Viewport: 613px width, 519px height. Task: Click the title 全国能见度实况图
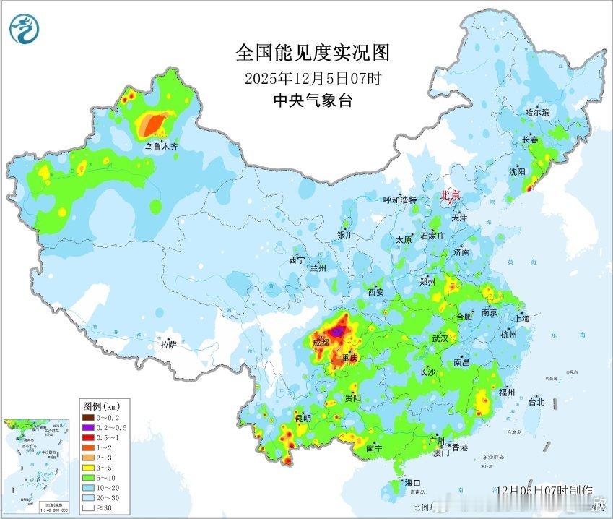tap(313, 53)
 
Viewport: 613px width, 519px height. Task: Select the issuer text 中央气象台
tap(313, 100)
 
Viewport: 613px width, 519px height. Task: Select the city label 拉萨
tap(168, 346)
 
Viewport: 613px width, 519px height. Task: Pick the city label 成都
tap(321, 343)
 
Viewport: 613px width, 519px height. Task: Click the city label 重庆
tap(349, 359)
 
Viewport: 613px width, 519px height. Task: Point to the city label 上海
tap(521, 318)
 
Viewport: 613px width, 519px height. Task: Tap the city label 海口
tap(412, 483)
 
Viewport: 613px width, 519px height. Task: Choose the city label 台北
tap(535, 402)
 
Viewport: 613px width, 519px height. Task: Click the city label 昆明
tap(303, 419)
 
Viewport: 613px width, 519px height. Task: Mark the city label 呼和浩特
tap(399, 200)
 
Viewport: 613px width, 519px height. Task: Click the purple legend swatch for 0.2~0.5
tap(87, 427)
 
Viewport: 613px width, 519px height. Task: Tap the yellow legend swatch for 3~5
tap(87, 468)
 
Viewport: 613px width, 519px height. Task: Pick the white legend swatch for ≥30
tap(87, 508)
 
